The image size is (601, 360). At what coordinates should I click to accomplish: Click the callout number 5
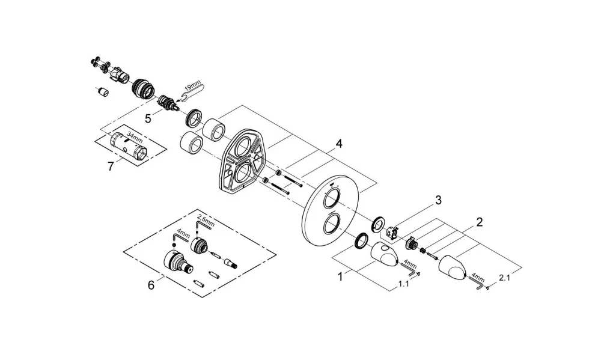[148, 118]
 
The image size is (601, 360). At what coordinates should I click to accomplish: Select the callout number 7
[111, 166]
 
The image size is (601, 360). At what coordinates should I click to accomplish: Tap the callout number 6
[151, 285]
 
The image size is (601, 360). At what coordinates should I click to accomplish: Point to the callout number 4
[339, 144]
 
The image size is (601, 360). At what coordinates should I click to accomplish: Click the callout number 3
[438, 200]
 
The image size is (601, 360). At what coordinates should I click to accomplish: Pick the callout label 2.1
[504, 278]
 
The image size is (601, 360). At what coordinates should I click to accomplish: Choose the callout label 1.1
[404, 284]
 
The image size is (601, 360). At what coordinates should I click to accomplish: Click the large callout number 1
[340, 276]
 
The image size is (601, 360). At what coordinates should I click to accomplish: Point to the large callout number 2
[479, 222]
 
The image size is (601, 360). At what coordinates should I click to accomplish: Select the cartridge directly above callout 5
[167, 103]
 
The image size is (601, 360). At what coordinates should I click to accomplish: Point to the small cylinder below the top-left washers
[102, 92]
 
